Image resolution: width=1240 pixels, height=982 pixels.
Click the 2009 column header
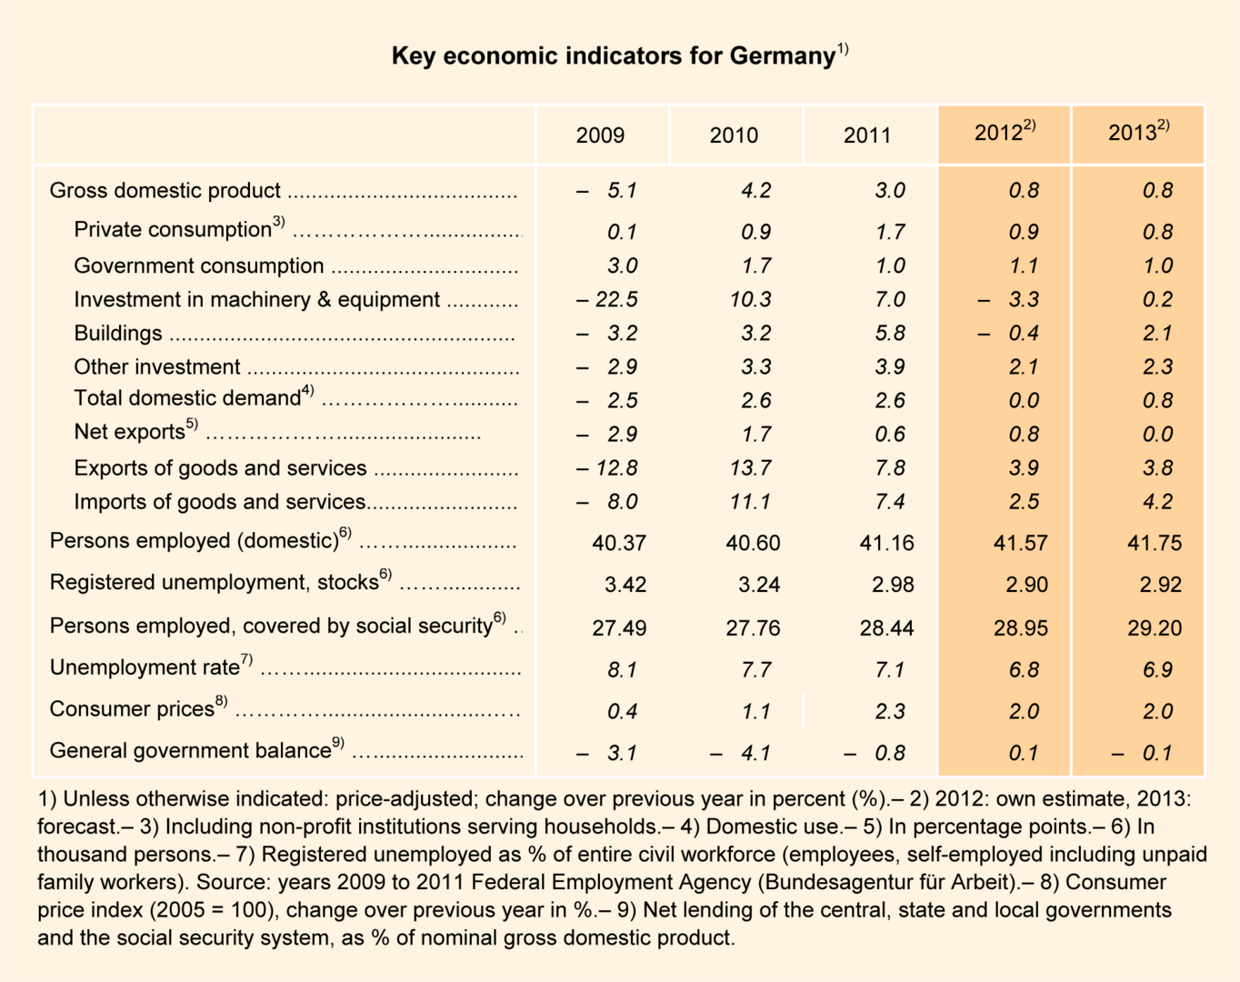click(600, 135)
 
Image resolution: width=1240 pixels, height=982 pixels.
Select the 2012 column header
click(1004, 133)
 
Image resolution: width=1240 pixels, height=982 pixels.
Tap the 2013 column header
click(1137, 133)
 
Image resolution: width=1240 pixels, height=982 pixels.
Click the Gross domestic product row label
click(165, 190)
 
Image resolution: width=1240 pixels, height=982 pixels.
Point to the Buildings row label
click(118, 333)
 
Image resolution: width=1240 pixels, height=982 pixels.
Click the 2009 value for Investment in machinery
click(606, 299)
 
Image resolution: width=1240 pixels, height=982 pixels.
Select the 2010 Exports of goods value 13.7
click(750, 467)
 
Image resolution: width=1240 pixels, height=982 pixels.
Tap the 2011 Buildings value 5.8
click(890, 333)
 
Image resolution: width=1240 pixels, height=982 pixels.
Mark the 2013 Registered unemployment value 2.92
click(1160, 584)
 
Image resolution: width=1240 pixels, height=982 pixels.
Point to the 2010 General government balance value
click(741, 753)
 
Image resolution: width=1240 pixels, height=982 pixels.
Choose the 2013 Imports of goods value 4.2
click(1157, 501)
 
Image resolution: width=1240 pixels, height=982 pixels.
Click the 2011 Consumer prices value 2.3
click(890, 711)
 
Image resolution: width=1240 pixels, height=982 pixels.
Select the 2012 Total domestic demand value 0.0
click(1024, 400)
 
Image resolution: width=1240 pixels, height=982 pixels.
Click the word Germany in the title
click(782, 56)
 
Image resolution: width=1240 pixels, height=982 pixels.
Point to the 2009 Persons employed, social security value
click(619, 627)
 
